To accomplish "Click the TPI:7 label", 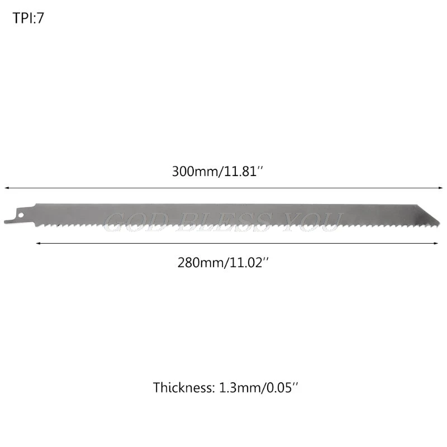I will coord(27,17).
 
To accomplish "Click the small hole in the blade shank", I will coord(20,213).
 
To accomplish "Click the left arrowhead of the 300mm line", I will coord(7,188).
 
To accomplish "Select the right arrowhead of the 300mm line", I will coord(440,188).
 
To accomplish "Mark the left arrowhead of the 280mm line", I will coord(39,242).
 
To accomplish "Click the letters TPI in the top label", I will coord(22,17).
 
